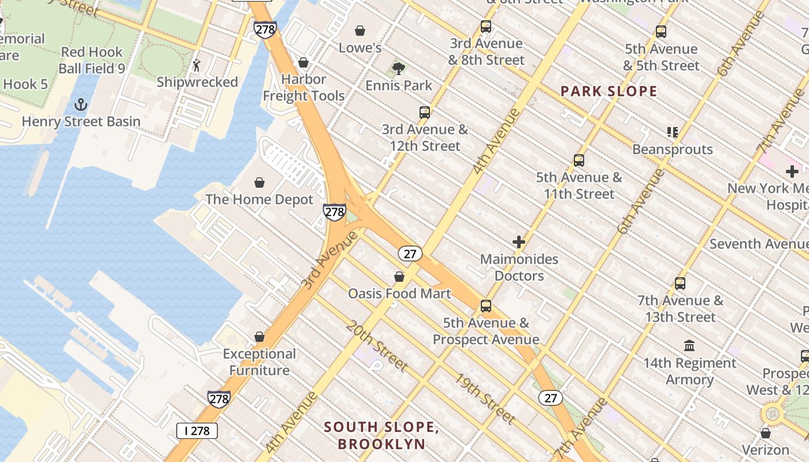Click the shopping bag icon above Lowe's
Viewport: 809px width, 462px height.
tap(360, 31)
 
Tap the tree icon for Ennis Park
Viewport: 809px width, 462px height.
tap(398, 69)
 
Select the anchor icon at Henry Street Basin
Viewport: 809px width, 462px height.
tap(81, 105)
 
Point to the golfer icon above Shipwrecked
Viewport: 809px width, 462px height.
tap(196, 65)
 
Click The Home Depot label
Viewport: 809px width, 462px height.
tap(259, 199)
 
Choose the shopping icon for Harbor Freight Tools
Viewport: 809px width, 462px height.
tap(303, 62)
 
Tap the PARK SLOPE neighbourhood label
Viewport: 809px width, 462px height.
tap(609, 91)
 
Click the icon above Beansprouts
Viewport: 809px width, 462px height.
tap(672, 133)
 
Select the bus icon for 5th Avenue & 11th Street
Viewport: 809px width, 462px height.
tap(579, 161)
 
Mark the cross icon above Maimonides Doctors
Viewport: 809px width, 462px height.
tap(519, 242)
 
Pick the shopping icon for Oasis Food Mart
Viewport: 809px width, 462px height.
tap(399, 277)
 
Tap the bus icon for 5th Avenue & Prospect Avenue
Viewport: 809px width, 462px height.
tap(486, 306)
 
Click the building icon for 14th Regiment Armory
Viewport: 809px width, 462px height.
tap(689, 346)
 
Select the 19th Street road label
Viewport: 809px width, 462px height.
tap(484, 398)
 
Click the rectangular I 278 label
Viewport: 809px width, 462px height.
tap(197, 431)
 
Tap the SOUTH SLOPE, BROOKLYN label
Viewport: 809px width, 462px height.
tap(381, 435)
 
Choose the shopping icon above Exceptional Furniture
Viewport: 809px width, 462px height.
tap(259, 337)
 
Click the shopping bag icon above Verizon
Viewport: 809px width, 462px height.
tap(766, 433)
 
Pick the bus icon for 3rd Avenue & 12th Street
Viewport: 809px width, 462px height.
tap(425, 113)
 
